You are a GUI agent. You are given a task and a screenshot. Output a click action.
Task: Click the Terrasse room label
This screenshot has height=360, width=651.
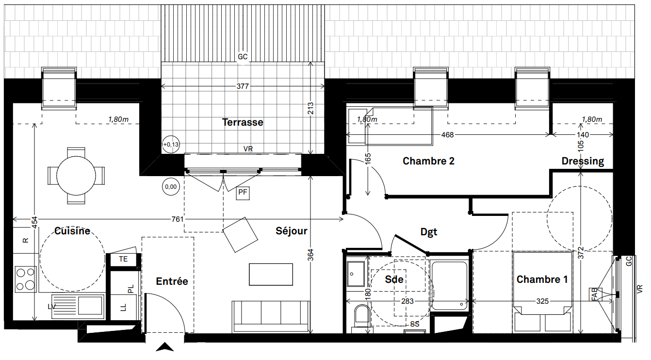point(243,122)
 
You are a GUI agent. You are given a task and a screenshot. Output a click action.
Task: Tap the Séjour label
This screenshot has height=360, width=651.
point(292,231)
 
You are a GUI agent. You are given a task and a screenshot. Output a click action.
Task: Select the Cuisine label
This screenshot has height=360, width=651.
point(72,231)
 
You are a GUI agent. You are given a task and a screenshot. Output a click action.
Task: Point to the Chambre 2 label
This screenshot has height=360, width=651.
point(428,161)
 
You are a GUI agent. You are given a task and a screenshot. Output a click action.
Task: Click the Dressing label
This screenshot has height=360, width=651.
point(583,161)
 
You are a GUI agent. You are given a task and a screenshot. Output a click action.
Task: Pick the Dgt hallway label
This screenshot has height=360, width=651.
point(429,232)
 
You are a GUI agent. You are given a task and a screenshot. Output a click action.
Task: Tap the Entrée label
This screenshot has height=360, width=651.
point(172,281)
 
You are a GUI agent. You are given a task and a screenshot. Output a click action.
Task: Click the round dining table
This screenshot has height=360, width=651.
point(76,176)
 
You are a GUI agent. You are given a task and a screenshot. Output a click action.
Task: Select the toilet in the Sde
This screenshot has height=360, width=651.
point(362,317)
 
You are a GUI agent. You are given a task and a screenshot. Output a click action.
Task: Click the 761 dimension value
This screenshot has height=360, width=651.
point(178,219)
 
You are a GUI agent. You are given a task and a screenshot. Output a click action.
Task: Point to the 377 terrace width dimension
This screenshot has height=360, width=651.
point(243,86)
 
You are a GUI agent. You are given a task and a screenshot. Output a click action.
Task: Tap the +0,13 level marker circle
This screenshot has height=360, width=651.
point(171,145)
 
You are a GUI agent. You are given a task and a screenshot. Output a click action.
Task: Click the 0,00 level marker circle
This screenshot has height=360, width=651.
point(171,186)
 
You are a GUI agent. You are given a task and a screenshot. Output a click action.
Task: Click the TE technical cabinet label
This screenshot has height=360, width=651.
point(123,259)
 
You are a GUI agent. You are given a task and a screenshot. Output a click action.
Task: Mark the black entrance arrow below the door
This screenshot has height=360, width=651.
point(165,347)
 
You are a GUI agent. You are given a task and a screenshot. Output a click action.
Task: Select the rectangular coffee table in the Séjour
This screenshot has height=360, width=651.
point(271,275)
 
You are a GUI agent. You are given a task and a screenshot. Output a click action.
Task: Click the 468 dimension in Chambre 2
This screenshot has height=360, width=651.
point(448,135)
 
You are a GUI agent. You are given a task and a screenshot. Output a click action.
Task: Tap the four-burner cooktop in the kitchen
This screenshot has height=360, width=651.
point(26,279)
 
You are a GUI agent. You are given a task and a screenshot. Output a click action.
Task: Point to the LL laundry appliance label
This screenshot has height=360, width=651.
point(124,308)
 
